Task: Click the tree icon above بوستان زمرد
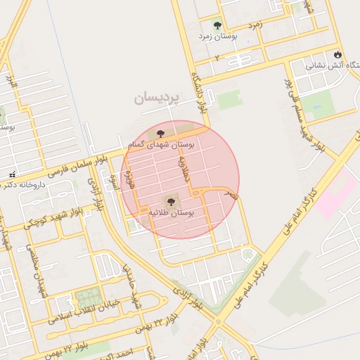217,25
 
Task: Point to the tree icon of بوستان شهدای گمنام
160,133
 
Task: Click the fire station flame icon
338,53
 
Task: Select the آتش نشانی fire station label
333,65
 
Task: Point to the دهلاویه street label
185,169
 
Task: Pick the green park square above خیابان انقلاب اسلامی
87,298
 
